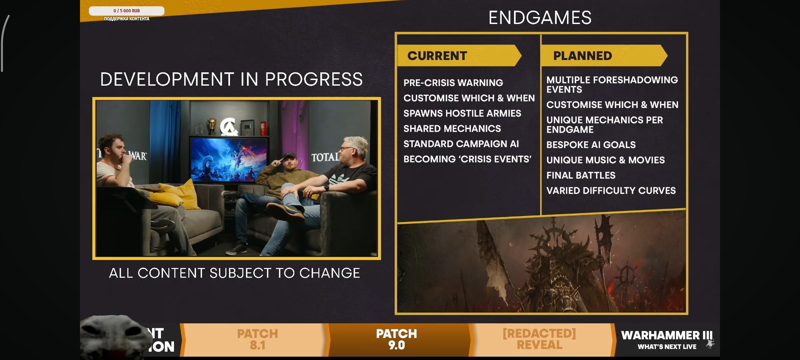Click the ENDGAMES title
(540, 18)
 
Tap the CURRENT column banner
(459, 55)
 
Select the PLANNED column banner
(604, 55)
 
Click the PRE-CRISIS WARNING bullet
(453, 83)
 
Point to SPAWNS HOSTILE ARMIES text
(462, 113)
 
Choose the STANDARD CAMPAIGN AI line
(461, 144)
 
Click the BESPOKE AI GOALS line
(591, 145)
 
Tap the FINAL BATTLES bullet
(581, 175)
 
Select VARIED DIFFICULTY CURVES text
(611, 191)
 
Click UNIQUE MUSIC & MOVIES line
(606, 160)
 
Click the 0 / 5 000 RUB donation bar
(127, 11)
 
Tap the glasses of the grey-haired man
(347, 149)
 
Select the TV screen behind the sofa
(229, 160)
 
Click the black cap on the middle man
(289, 155)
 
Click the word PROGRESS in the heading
(314, 79)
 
